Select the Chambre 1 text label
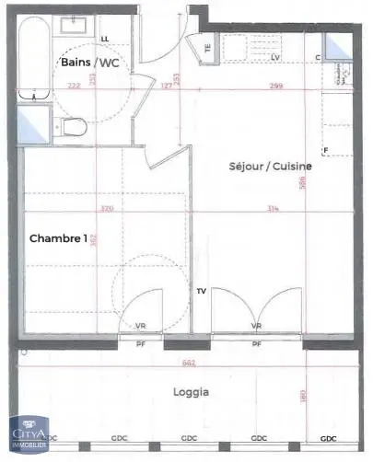click(59, 238)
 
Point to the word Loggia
click(191, 391)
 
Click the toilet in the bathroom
click(75, 125)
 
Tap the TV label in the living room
click(201, 292)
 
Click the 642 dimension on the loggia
click(188, 363)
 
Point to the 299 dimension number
click(275, 86)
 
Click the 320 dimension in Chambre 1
click(107, 210)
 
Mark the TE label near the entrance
click(208, 48)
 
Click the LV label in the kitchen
click(275, 57)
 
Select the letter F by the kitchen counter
click(325, 150)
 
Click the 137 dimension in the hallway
click(167, 86)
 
